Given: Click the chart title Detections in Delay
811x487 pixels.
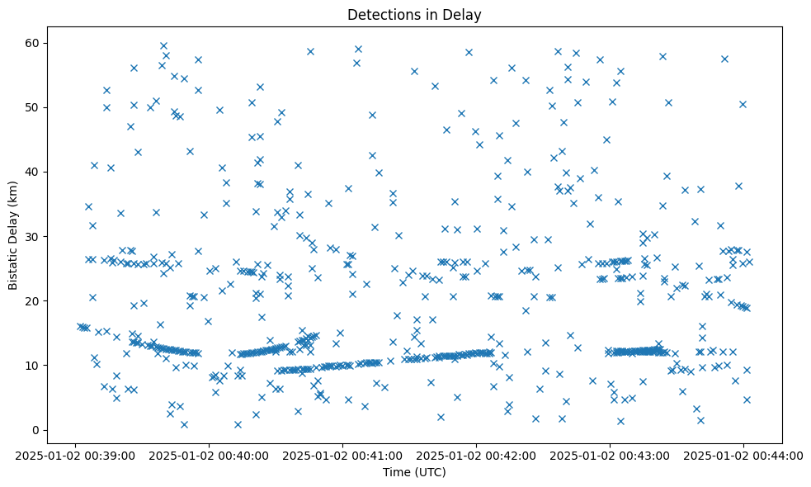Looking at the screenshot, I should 413,14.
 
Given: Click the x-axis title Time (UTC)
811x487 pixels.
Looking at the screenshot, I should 413,472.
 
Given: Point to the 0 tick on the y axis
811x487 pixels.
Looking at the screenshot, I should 36,430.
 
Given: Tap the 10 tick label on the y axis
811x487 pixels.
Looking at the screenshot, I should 33,366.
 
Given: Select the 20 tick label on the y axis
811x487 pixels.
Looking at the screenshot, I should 33,301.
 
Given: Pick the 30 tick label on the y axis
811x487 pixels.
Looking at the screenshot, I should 33,237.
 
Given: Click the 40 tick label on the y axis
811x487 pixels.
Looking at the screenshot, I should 33,172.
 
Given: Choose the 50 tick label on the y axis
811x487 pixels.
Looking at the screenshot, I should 33,107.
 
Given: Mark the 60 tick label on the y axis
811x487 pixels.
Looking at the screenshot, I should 33,43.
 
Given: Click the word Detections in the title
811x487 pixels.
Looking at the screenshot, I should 381,14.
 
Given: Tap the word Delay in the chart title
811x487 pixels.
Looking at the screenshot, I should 464,14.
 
